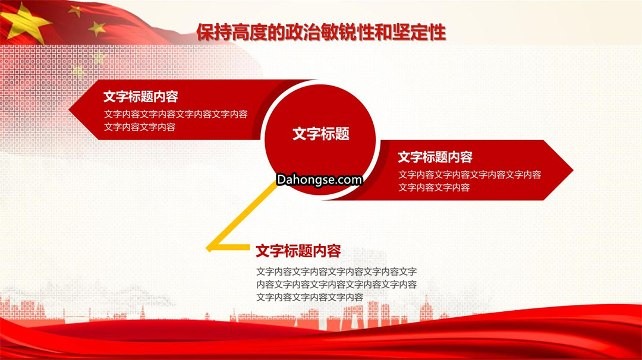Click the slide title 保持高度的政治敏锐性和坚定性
pos(321,32)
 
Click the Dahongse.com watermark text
pos(319,179)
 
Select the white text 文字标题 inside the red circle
pos(321,134)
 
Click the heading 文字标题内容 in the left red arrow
pos(141,97)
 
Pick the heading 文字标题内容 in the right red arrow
pos(435,157)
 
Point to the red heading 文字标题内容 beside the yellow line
pos(298,251)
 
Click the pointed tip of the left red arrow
pos(69,110)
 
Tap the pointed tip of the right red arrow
pos(573,170)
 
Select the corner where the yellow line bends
pos(208,248)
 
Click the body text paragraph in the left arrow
pos(175,121)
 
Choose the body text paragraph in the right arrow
pos(470,181)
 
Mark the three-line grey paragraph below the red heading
pos(336,285)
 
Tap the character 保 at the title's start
pos(205,32)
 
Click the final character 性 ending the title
pos(437,32)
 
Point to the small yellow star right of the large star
pos(97,29)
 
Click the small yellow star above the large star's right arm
pos(75,11)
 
